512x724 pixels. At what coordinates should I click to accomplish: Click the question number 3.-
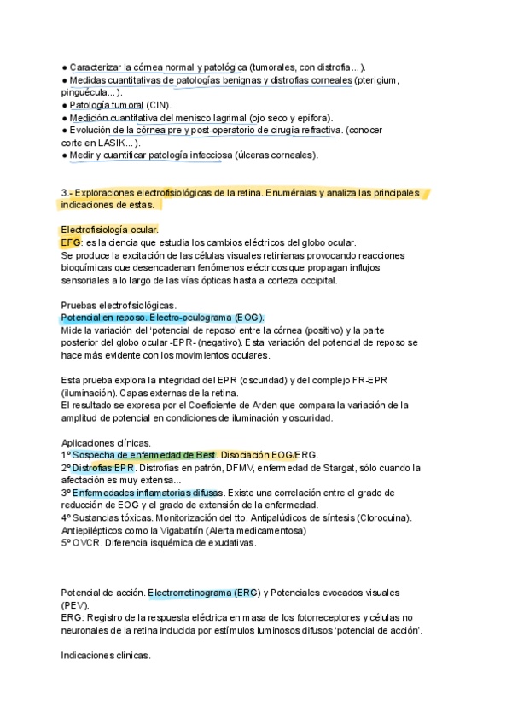point(67,193)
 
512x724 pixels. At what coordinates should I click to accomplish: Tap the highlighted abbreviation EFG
point(71,242)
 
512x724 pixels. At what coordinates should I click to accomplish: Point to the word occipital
point(314,280)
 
